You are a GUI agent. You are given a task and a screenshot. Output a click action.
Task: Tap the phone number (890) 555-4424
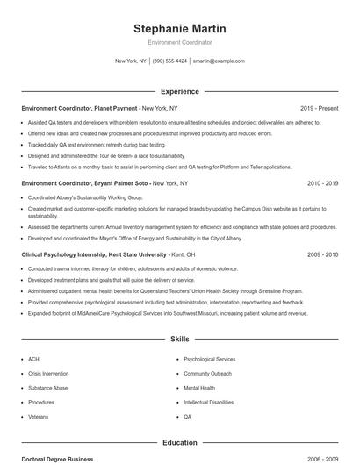coord(169,61)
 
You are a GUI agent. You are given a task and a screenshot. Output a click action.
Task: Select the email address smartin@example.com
coord(219,61)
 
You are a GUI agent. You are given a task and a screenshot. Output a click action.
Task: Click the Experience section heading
coord(180,91)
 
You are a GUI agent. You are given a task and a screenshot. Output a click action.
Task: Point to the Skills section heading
coord(180,339)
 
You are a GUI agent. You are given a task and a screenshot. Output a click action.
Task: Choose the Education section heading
coord(180,443)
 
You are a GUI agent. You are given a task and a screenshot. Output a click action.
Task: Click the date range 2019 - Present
coord(319,108)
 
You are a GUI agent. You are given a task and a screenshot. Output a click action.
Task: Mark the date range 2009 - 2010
coord(322,254)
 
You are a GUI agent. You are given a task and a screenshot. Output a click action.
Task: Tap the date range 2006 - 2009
coord(322,459)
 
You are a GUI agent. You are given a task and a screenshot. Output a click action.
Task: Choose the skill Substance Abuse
coord(47,388)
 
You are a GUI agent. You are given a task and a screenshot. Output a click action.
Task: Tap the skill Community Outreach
coord(207,373)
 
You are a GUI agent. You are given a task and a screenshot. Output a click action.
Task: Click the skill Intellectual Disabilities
coord(209,402)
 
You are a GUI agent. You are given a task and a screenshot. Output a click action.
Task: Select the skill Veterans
coord(39,416)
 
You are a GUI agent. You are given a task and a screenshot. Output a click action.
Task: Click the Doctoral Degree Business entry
coord(57,459)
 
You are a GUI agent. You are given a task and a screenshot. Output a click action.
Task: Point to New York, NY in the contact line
coord(131,61)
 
